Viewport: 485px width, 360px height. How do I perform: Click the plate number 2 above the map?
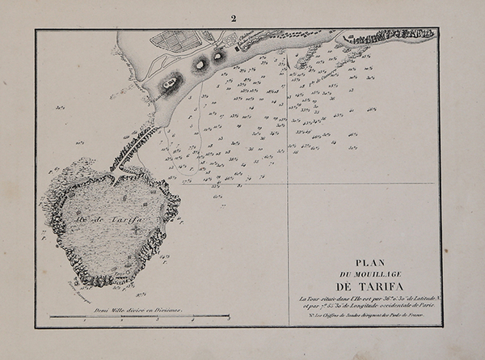pos(234,18)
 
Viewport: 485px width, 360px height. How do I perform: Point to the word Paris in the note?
pos(429,307)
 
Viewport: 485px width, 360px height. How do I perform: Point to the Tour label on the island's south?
pos(85,285)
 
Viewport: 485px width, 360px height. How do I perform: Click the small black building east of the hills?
pos(238,49)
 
